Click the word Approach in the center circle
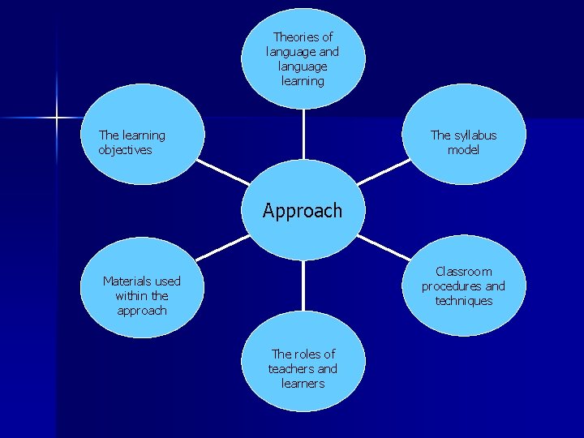point(303,211)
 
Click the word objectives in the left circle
point(125,150)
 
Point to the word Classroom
point(463,272)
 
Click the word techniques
point(463,301)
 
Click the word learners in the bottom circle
point(303,383)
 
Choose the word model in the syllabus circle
point(463,150)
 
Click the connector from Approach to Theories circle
point(303,134)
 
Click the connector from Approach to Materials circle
point(221,248)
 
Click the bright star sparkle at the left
point(57,118)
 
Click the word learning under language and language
point(303,81)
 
